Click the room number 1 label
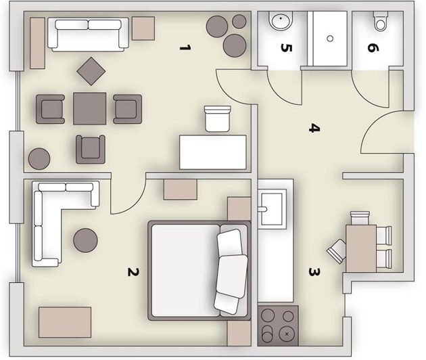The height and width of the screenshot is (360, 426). (x=185, y=48)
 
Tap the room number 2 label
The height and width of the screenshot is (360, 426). (x=133, y=271)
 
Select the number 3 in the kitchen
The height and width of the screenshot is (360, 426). (x=314, y=272)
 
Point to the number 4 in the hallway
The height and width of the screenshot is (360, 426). (x=314, y=128)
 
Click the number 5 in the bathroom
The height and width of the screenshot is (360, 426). (x=286, y=48)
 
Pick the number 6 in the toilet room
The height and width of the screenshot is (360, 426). (x=373, y=48)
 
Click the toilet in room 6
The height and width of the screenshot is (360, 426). (x=380, y=21)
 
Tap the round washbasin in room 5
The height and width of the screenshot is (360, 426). (x=281, y=20)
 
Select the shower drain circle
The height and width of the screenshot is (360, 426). (x=330, y=39)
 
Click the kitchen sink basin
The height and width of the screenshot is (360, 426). (x=271, y=209)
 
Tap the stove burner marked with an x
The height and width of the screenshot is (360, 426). (x=287, y=334)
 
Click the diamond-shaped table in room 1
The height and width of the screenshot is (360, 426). (x=91, y=71)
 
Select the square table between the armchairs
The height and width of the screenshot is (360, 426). (x=90, y=109)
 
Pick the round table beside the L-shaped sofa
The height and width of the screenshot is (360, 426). (x=86, y=240)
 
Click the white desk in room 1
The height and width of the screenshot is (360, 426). (x=213, y=152)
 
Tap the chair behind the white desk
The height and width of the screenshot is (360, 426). (x=217, y=119)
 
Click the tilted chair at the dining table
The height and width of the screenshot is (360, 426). (x=337, y=251)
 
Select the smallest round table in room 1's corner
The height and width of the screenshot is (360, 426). (x=239, y=21)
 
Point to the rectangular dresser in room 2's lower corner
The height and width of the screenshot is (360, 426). (x=65, y=323)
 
